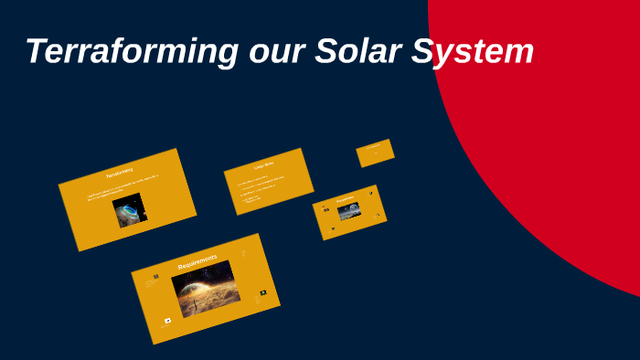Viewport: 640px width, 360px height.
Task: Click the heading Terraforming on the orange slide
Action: (x=120, y=172)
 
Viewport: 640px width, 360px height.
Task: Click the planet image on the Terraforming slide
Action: (x=130, y=210)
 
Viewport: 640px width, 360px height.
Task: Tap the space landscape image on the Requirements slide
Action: (x=206, y=289)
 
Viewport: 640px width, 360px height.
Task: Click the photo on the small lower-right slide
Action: (x=349, y=212)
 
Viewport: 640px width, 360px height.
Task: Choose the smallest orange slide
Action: (x=375, y=153)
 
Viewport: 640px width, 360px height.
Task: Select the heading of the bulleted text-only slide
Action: (x=264, y=165)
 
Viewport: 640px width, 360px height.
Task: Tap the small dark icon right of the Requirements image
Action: (x=262, y=292)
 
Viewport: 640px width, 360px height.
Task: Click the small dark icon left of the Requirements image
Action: (x=155, y=276)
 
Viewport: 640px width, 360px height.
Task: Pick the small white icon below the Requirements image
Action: (x=167, y=321)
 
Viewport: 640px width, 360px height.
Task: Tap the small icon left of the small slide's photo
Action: (x=326, y=209)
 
